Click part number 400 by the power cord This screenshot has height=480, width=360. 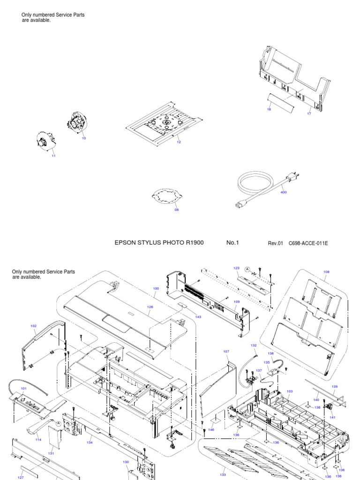283,192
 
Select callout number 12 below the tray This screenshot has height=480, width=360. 179,142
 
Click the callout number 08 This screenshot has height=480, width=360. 177,210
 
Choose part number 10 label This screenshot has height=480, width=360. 84,138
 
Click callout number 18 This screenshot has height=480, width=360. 269,110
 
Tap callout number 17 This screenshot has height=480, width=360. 309,113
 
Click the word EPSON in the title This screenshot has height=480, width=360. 124,243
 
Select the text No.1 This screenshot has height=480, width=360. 232,243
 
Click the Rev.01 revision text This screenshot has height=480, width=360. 276,243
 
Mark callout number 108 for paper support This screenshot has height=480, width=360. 326,272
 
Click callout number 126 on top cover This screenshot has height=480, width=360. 150,307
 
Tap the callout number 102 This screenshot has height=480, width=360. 33,326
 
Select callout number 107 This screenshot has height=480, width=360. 226,352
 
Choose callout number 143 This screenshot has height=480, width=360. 198,317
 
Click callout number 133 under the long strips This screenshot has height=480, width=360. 223,474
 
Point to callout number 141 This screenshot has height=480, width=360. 332,417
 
